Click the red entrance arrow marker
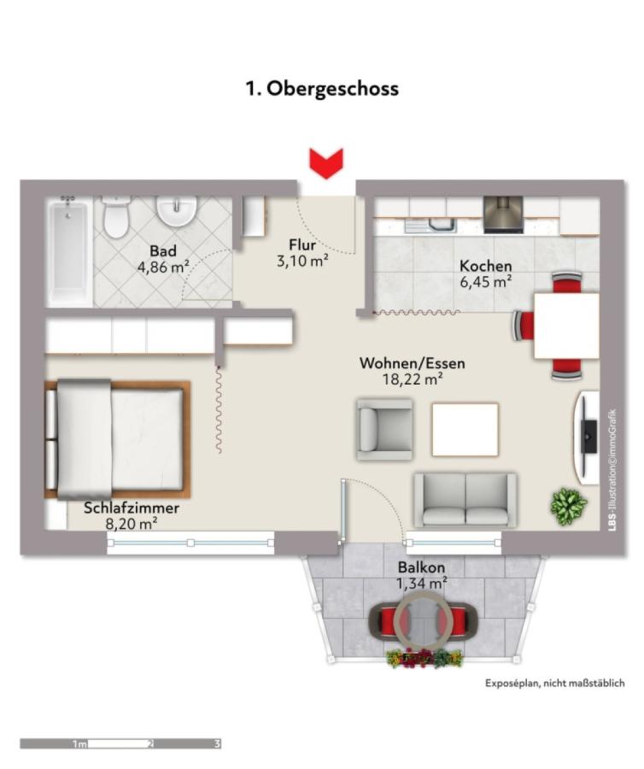[326, 163]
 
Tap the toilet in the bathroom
[117, 217]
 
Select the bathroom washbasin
[177, 211]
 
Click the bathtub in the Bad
[69, 252]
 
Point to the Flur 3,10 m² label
[302, 253]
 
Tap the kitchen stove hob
[503, 214]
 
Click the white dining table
[566, 326]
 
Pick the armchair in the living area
[384, 430]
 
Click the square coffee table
[465, 429]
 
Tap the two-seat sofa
[465, 500]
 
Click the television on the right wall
[589, 436]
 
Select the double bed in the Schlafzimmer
[117, 439]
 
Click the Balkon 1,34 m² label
[421, 575]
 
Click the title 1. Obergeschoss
[322, 89]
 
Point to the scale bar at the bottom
[120, 744]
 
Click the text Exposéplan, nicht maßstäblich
[555, 683]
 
